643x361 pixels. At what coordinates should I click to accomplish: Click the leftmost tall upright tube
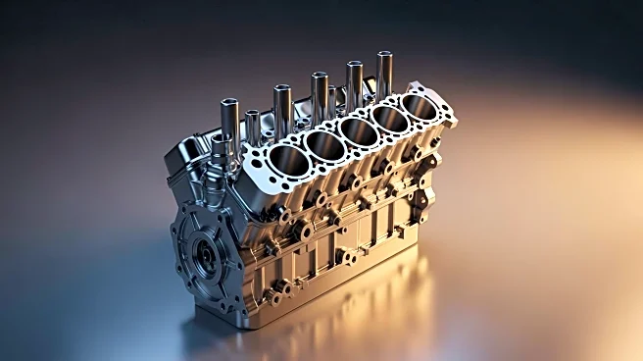pos(230,122)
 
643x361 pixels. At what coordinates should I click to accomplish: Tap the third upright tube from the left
pos(281,110)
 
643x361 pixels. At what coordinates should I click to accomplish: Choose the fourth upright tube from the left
pos(319,96)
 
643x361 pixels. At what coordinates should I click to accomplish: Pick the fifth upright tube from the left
pos(354,83)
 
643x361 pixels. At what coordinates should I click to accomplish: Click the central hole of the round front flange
pos(205,257)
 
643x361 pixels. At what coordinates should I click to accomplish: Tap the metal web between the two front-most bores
pos(303,153)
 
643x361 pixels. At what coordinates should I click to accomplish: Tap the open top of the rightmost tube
pos(385,56)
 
